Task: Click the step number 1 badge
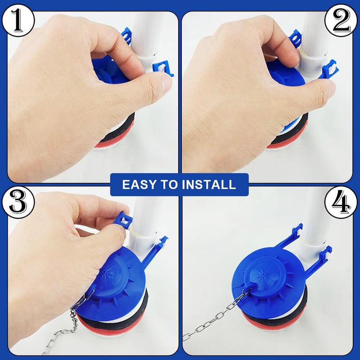[x=18, y=20]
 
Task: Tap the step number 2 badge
[x=341, y=20]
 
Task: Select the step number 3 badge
[x=18, y=202]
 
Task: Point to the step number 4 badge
[x=341, y=202]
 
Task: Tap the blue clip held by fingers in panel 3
[x=123, y=220]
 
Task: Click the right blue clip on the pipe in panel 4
[x=326, y=252]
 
